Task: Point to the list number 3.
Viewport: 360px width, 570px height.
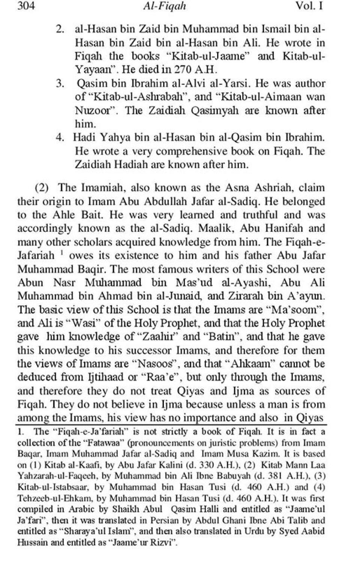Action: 60,83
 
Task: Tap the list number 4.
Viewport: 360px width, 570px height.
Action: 60,138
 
